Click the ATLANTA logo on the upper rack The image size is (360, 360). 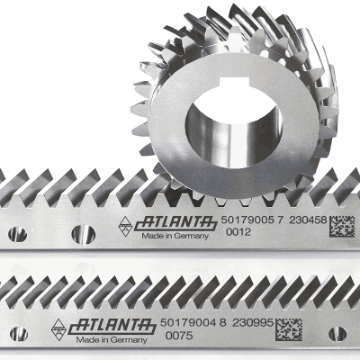(176, 223)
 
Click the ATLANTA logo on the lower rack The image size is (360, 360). (112, 327)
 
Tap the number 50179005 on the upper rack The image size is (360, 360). (247, 220)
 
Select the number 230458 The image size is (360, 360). (308, 220)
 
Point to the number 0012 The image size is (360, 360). (238, 232)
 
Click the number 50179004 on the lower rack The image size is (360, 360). (188, 323)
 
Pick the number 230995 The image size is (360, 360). (253, 323)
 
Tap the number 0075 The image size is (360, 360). (179, 336)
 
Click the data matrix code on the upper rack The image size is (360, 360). (342, 227)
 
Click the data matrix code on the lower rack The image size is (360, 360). (289, 329)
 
